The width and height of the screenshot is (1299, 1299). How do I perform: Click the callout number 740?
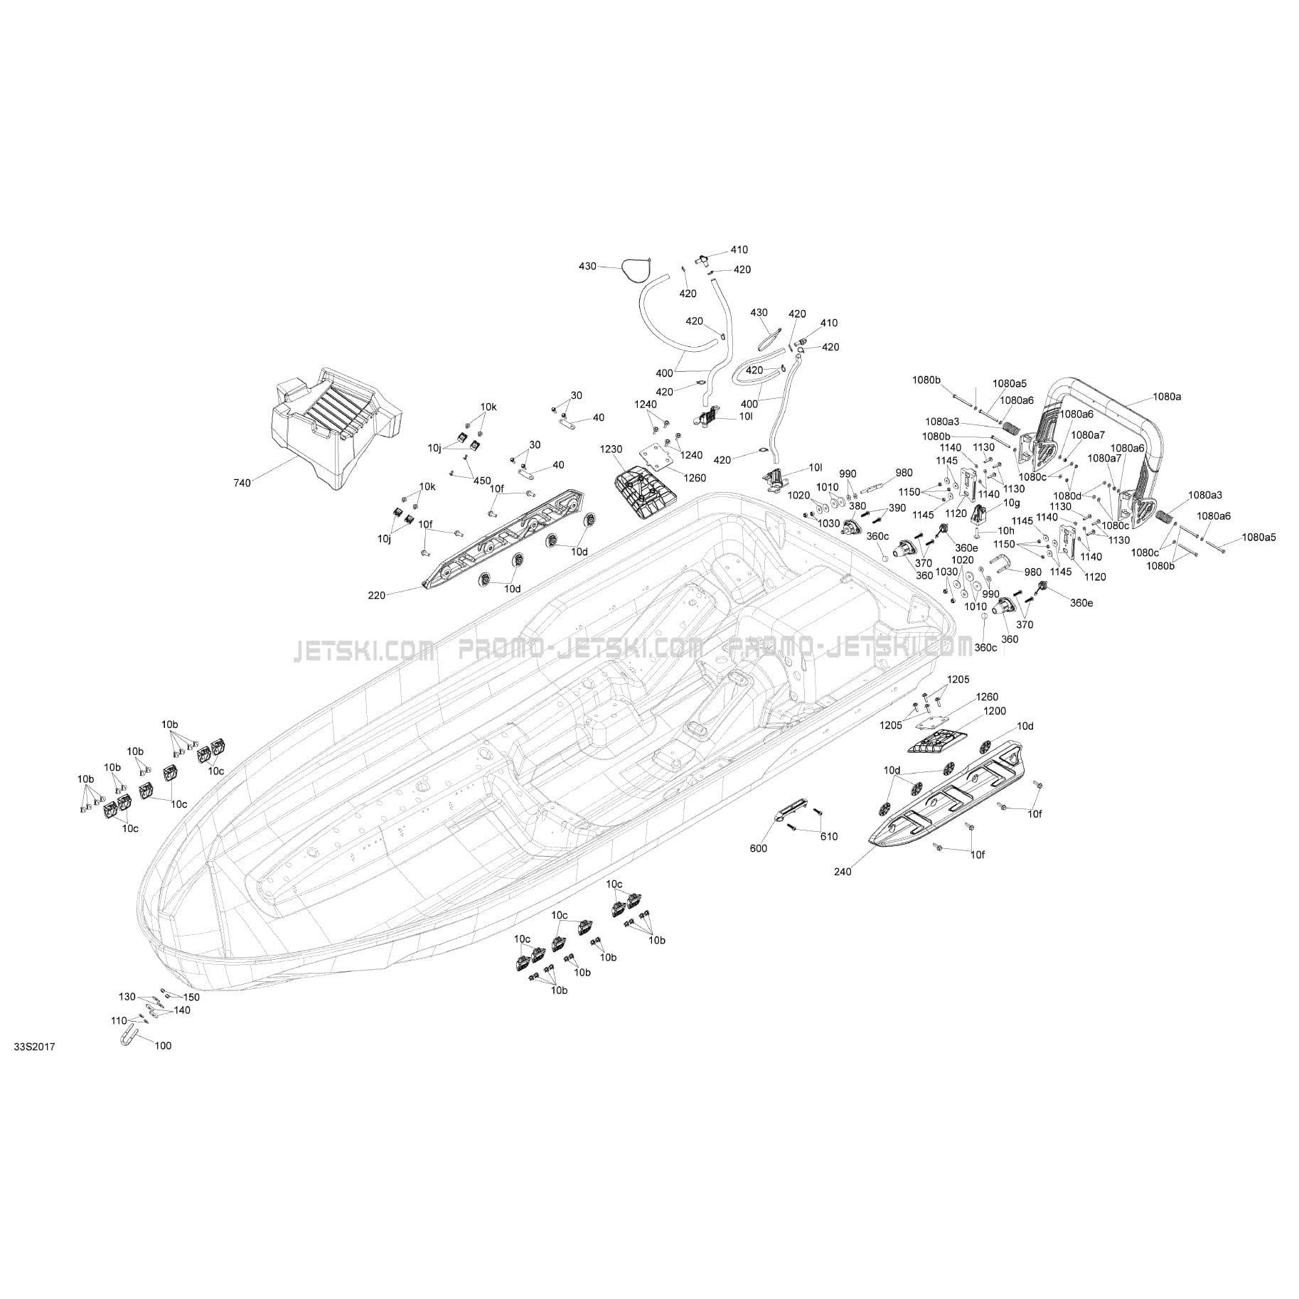pos(242,483)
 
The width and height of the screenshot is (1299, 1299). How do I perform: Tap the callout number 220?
pos(377,595)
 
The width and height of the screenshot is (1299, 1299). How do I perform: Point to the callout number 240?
pos(844,871)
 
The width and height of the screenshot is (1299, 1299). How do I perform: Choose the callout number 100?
pos(163,1046)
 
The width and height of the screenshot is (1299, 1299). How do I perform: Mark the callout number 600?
pos(759,848)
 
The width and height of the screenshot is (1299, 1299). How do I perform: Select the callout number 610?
pos(829,836)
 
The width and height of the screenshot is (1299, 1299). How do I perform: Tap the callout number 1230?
pos(611,449)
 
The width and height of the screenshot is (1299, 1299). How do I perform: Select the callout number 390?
pos(897,508)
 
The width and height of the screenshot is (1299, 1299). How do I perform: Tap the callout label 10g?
pos(1011,503)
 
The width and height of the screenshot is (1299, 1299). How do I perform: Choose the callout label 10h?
pos(1005,530)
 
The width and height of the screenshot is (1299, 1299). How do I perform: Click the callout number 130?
pos(127,996)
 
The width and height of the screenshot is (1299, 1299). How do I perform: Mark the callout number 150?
pos(191,998)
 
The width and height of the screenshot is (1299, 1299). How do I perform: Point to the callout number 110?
pos(119,1020)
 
